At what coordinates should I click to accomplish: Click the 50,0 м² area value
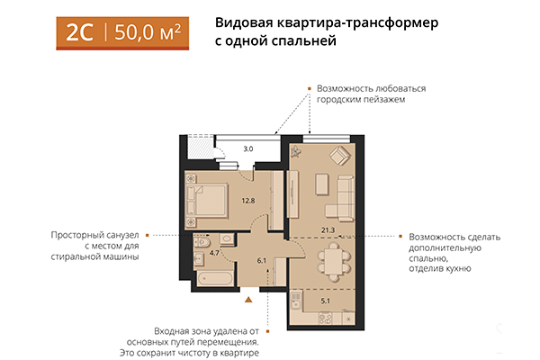[x=148, y=32]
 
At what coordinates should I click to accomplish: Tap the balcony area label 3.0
[x=248, y=148]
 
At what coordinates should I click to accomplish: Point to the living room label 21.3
[x=328, y=231]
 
